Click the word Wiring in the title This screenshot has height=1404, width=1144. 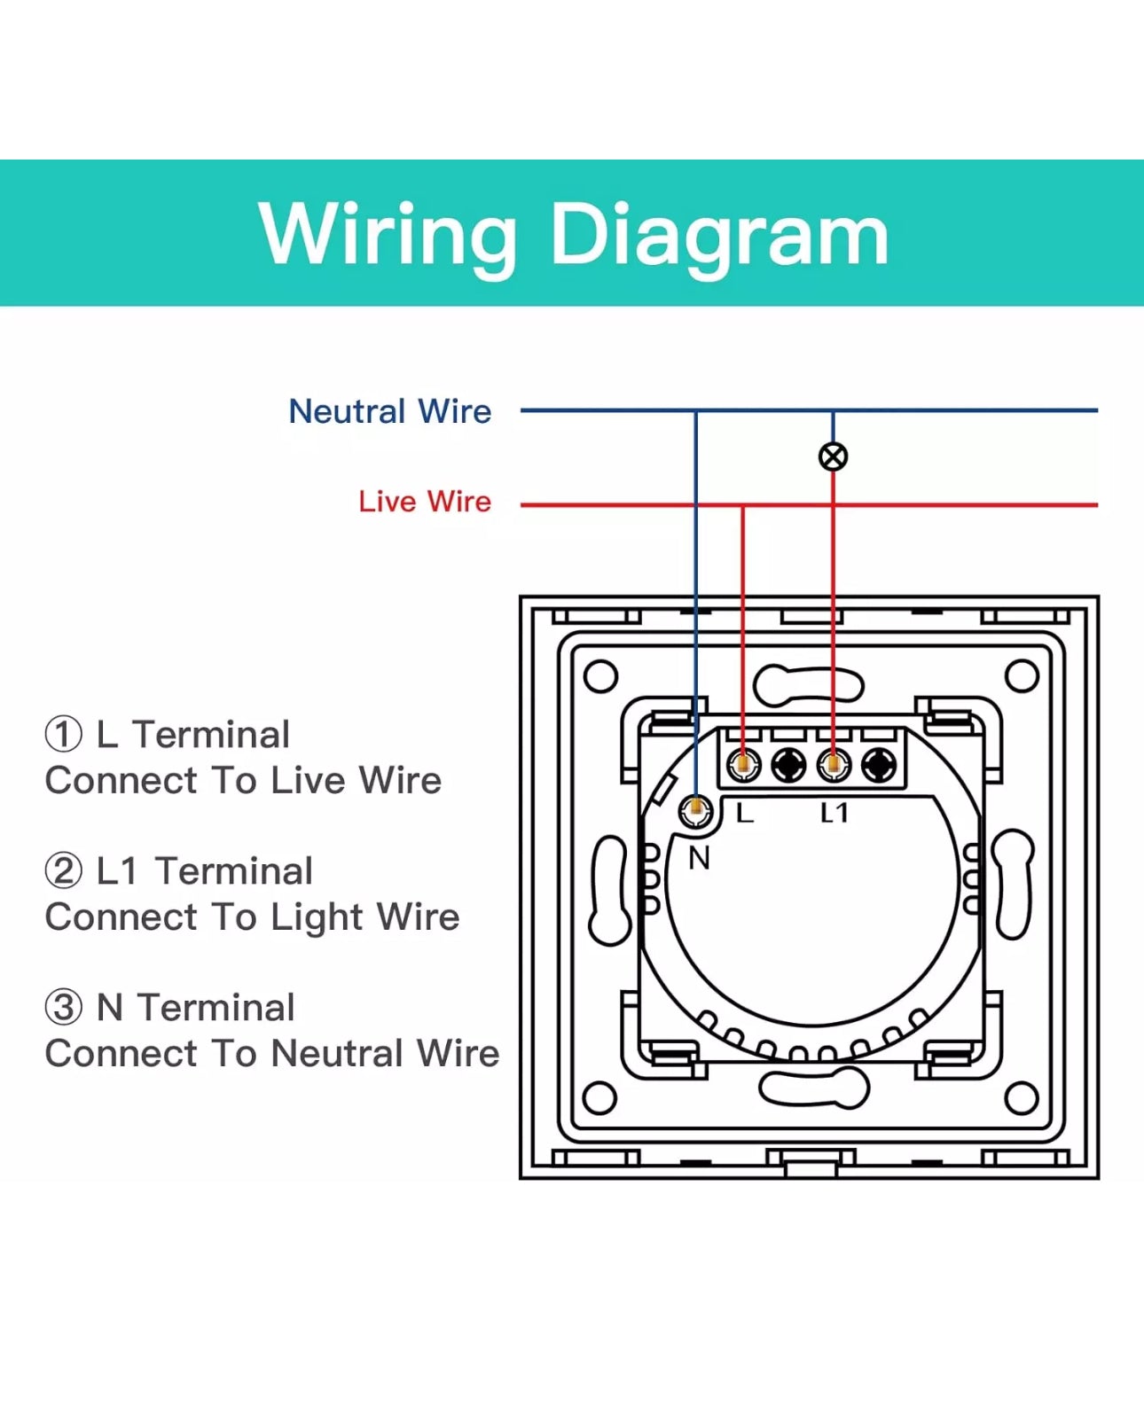click(387, 233)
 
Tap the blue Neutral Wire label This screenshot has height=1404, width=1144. click(389, 411)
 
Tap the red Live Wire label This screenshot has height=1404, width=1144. click(424, 502)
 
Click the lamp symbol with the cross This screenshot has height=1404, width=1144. click(833, 456)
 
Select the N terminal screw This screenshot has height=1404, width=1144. click(696, 810)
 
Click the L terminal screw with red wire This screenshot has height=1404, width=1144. click(743, 764)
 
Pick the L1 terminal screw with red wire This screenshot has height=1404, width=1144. click(834, 764)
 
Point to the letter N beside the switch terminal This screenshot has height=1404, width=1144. click(699, 858)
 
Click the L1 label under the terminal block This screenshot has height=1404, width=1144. click(834, 813)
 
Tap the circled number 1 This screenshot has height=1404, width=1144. click(63, 735)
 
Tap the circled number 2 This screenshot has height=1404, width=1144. click(63, 871)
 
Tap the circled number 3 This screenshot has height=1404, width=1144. click(63, 1008)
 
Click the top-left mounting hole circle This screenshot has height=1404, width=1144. click(600, 676)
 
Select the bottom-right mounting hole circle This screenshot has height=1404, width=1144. click(1022, 1098)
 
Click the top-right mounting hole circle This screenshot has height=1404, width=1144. click(1022, 676)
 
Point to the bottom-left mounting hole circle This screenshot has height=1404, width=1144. click(600, 1098)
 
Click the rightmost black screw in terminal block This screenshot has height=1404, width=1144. click(879, 764)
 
